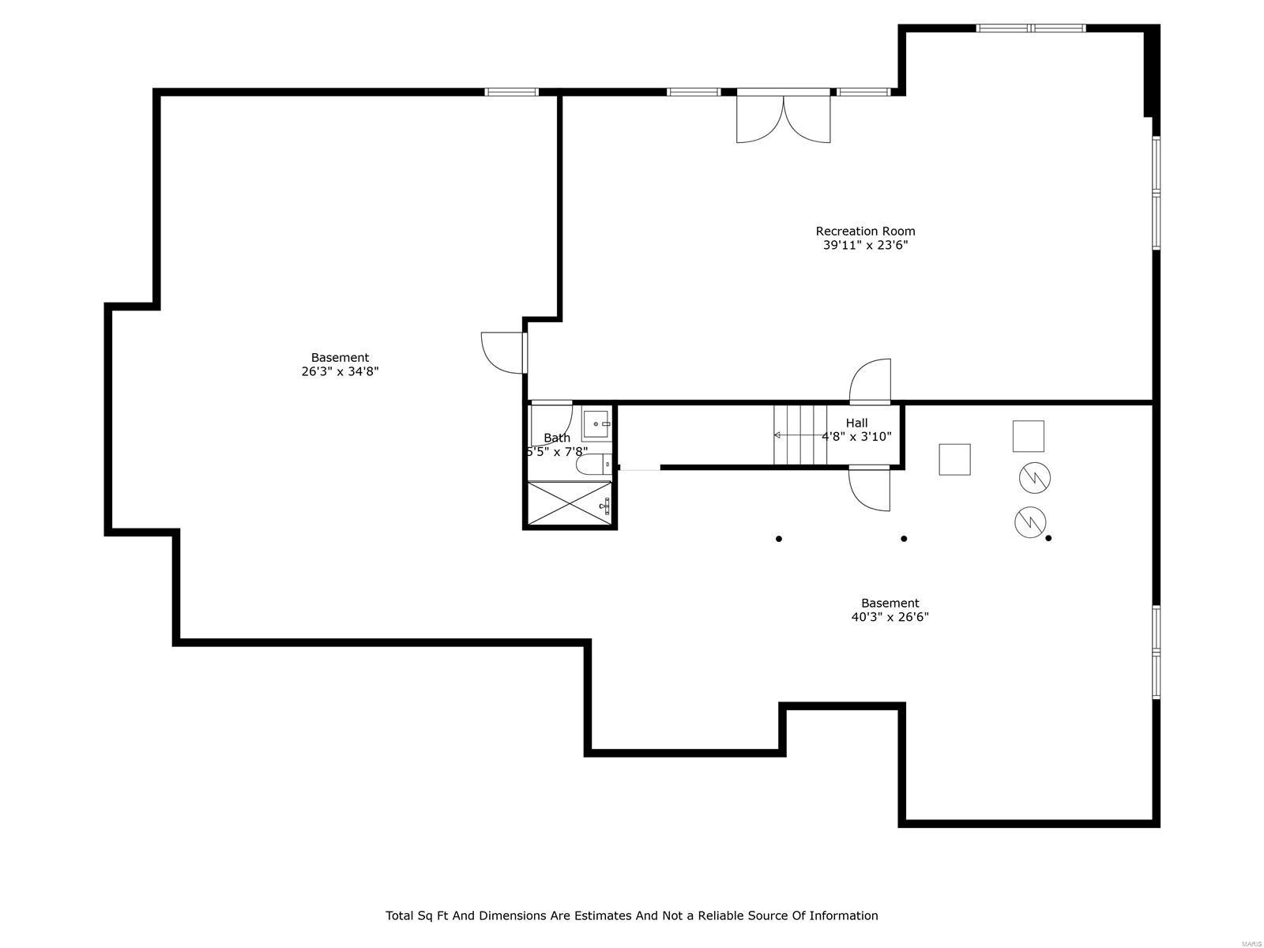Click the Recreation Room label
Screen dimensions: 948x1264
865,231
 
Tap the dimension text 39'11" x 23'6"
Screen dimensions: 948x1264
865,246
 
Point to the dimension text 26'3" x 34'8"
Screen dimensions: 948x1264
340,372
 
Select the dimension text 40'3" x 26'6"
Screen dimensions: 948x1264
890,618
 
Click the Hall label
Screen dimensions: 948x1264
856,423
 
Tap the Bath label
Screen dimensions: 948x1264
556,438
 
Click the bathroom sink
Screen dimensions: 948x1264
596,425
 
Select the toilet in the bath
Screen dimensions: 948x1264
592,465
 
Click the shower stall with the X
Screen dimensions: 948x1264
569,502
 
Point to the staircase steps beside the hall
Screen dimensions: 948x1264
799,435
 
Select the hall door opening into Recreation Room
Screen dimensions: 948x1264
870,382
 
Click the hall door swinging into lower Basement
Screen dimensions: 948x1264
869,488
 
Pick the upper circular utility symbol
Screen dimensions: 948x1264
1034,477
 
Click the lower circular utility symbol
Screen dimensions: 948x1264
1030,520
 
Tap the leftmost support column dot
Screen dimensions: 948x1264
779,539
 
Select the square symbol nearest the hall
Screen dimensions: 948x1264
954,459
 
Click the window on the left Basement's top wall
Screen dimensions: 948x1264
511,92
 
